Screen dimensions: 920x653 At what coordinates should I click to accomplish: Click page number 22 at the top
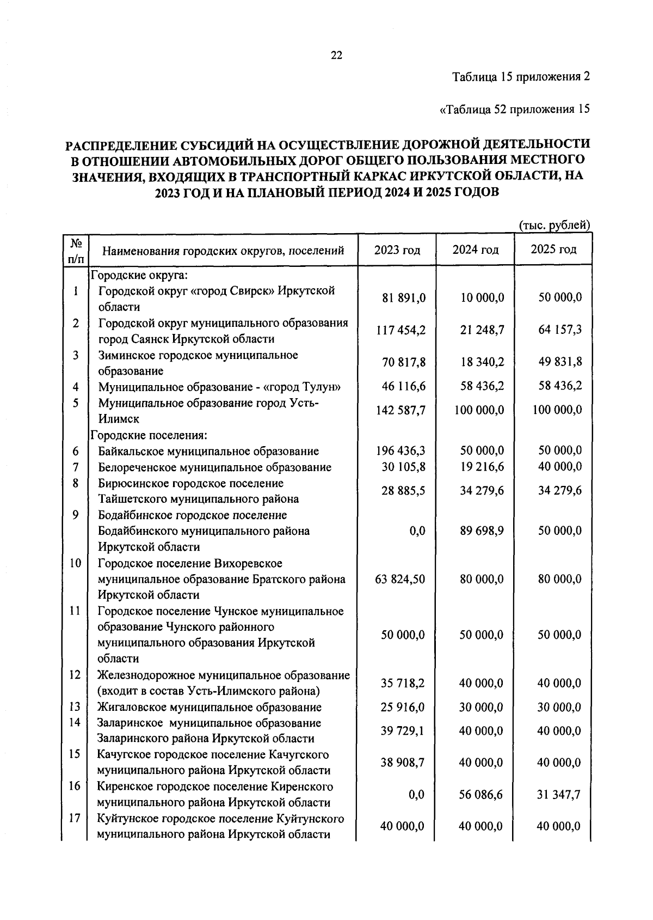[x=336, y=55]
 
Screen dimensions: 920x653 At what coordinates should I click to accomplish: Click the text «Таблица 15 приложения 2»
[x=521, y=77]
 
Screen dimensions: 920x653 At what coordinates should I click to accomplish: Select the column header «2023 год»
[x=397, y=250]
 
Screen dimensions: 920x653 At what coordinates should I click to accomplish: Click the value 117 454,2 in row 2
[x=401, y=330]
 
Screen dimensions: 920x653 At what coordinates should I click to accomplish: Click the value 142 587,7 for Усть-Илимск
[x=401, y=410]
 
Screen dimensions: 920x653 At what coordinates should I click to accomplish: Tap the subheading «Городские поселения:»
[x=149, y=435]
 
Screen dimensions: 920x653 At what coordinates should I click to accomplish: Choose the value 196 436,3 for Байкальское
[x=401, y=450]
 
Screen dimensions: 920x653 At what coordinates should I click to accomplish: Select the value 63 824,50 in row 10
[x=400, y=578]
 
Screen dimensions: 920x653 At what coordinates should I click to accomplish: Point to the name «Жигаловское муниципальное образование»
[x=210, y=707]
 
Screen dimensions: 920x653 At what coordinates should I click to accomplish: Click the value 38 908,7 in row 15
[x=402, y=763]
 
